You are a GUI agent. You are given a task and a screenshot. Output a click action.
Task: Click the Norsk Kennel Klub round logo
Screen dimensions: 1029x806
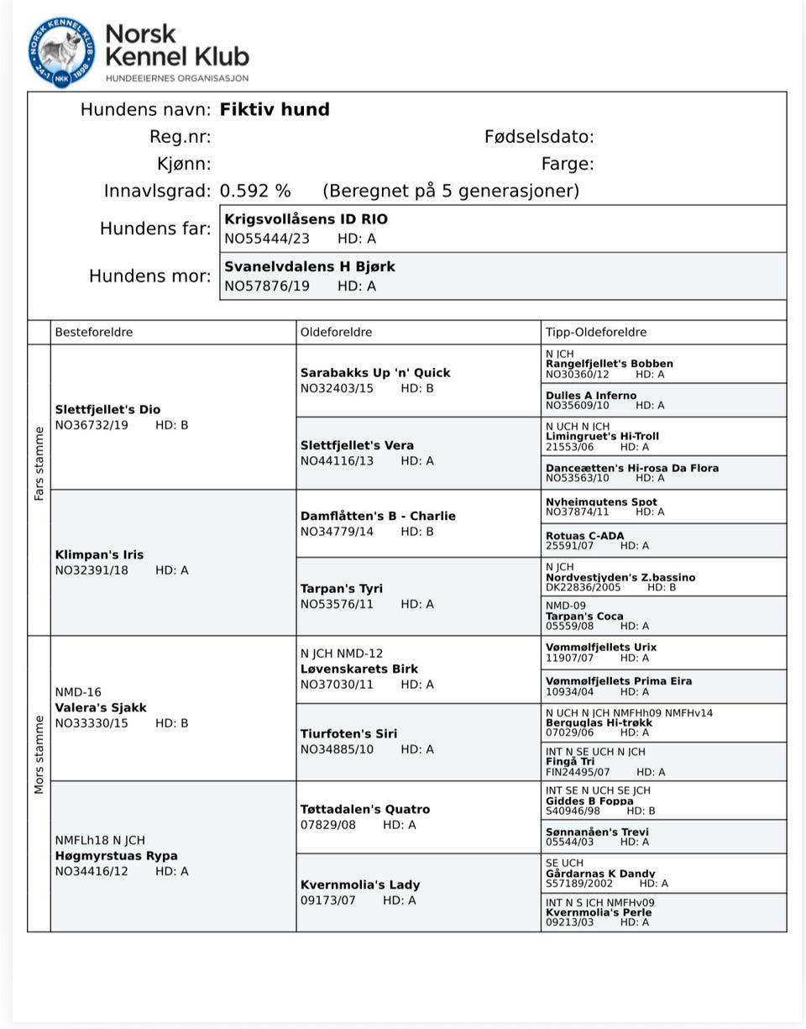(x=61, y=52)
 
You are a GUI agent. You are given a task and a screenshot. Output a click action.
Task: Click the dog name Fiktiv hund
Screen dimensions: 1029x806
(x=275, y=110)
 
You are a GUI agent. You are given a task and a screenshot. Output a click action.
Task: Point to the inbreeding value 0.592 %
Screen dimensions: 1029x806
(x=255, y=191)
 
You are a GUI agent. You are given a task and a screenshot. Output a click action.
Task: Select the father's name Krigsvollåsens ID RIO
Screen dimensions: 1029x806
(x=306, y=219)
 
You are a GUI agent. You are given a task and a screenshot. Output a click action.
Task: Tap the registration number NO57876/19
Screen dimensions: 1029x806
(x=266, y=286)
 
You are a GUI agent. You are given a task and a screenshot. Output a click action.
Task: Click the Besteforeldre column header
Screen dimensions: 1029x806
(x=94, y=332)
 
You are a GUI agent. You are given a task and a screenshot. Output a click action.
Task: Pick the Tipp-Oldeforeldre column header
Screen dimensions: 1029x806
(x=596, y=332)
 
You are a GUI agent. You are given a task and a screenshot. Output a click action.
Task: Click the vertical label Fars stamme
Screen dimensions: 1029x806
(x=39, y=464)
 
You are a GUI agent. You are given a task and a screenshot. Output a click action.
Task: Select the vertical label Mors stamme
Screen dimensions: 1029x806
(x=39, y=754)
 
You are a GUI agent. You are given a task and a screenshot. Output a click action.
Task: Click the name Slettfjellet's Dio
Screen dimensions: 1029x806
(x=107, y=410)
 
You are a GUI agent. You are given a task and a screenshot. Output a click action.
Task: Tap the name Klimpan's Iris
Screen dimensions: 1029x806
(x=99, y=555)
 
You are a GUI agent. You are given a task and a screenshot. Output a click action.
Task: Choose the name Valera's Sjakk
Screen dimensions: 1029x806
(x=101, y=708)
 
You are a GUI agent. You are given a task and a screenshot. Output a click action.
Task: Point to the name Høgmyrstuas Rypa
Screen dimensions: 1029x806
(x=116, y=856)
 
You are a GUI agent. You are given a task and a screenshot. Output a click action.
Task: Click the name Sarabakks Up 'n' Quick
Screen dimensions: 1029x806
(x=375, y=373)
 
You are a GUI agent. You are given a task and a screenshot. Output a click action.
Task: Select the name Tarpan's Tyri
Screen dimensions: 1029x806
(x=345, y=589)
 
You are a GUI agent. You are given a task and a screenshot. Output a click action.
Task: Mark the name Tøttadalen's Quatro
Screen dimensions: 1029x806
(x=365, y=810)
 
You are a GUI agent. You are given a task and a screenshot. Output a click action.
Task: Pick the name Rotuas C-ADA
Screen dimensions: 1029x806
(x=584, y=536)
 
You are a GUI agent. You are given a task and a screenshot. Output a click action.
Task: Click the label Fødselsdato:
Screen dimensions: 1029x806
(x=539, y=137)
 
